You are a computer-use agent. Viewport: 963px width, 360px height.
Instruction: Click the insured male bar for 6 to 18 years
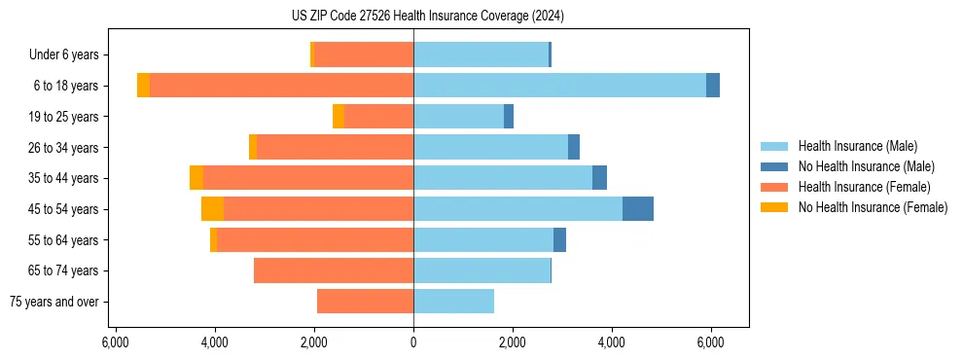[x=559, y=86]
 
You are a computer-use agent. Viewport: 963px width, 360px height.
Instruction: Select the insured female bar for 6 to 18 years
[x=281, y=86]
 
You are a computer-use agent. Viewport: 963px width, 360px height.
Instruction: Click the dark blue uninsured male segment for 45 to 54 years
[x=638, y=209]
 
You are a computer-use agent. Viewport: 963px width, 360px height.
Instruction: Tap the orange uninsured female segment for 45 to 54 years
[x=212, y=209]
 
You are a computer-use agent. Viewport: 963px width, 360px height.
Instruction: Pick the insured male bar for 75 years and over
[x=453, y=302]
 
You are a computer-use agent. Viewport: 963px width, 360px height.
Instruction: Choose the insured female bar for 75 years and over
[x=365, y=302]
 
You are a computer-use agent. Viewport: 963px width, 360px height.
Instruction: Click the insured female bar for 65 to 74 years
[x=334, y=270]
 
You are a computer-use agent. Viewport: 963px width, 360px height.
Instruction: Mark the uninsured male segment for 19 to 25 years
[x=509, y=117]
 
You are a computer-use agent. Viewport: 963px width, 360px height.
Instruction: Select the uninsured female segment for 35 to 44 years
[x=196, y=178]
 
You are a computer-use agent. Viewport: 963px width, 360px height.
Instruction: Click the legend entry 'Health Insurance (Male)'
[x=857, y=146]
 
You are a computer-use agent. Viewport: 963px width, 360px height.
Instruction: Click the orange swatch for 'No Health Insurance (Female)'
[x=775, y=207]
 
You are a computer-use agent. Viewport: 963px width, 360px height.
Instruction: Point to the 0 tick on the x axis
[x=413, y=342]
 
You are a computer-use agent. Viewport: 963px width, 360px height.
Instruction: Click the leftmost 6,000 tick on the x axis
[x=116, y=342]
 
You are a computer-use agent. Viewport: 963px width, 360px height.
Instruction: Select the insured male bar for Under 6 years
[x=481, y=54]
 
